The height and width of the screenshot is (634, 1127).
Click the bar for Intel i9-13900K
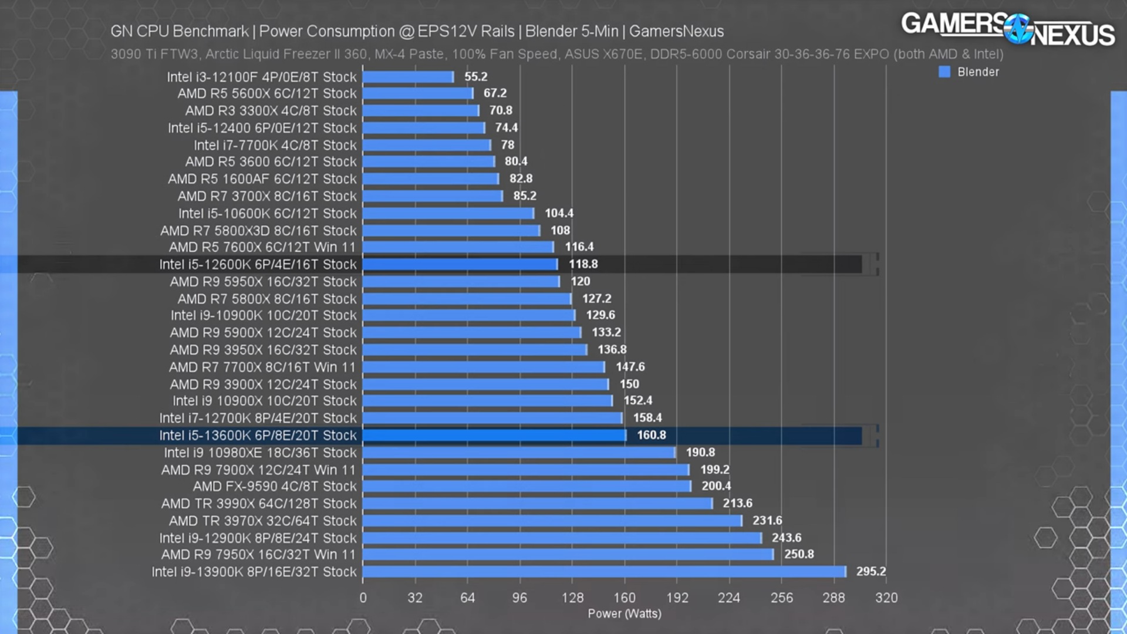pos(604,572)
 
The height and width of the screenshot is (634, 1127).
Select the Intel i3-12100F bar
pos(408,77)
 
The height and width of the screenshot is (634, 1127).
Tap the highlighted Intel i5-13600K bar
pos(494,435)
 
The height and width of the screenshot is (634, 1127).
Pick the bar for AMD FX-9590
pos(527,486)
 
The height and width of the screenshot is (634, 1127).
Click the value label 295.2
pos(871,571)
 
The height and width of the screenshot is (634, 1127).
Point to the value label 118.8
pos(583,264)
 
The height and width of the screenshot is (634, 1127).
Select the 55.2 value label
pos(476,77)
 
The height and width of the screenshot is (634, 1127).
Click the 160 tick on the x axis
pos(625,598)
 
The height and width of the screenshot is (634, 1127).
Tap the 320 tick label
pos(886,598)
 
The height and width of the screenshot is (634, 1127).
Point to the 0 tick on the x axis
pos(363,598)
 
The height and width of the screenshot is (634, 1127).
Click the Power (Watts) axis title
pos(625,613)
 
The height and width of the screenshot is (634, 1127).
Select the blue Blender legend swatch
pos(944,72)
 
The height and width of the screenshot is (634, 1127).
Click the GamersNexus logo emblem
pos(1018,29)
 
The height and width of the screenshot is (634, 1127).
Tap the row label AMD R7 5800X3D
pos(258,231)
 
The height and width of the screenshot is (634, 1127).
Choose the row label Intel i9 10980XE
pos(260,453)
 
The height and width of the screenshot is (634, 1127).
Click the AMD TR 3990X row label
pos(259,504)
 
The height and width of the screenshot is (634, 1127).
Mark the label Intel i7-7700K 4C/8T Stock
pos(275,145)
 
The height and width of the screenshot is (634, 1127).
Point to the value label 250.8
pos(799,554)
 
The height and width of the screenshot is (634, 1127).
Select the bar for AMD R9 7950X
pos(568,554)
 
